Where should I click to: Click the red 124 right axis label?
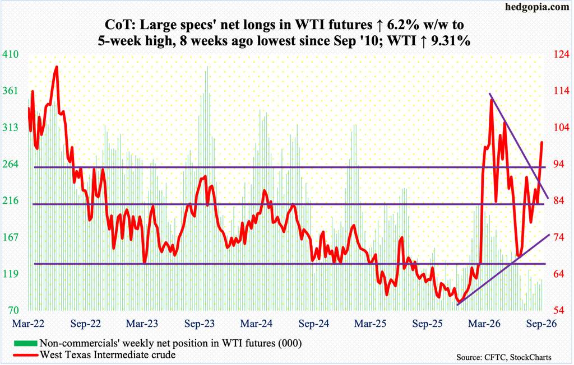561,54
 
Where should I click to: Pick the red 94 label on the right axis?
559,164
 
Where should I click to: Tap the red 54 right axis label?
559,311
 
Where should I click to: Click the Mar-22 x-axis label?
29,324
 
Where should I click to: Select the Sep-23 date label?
200,324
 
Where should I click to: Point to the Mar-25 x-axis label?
370,324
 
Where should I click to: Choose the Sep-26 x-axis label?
541,324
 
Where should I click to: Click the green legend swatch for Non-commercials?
25,343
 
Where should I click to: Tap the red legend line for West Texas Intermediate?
25,355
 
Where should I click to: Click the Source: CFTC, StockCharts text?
504,357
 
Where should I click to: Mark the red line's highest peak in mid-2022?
57,67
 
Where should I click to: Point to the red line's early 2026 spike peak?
491,100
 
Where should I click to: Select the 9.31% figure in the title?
448,41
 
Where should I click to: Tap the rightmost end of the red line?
542,143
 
